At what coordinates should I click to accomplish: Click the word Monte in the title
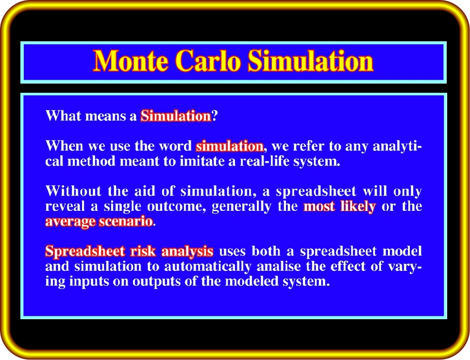(131, 61)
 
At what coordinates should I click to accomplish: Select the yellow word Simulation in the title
(311, 61)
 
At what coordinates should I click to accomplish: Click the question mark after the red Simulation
(215, 116)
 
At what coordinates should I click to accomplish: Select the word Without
(73, 191)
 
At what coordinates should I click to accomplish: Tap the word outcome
(176, 206)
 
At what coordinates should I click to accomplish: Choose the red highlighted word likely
(358, 207)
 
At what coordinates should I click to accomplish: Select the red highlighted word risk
(143, 251)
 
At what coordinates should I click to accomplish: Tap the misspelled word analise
(279, 266)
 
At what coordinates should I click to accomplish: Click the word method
(91, 161)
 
